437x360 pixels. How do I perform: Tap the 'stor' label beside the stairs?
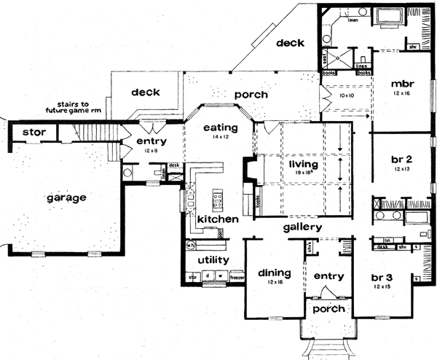[x=34, y=133]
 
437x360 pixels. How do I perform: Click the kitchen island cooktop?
[x=217, y=196]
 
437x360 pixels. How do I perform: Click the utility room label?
[x=208, y=260]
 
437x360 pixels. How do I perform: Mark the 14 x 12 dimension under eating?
[x=212, y=137]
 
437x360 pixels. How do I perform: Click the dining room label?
[x=274, y=273]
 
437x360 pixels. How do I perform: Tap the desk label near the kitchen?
[x=174, y=165]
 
